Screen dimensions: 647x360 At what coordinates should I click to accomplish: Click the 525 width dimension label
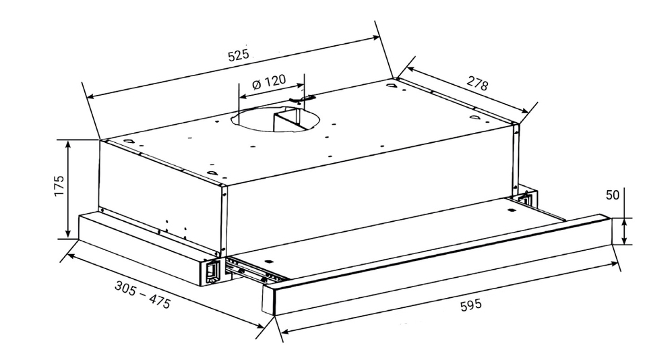[239, 55]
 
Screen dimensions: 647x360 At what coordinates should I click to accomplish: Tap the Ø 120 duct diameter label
[269, 82]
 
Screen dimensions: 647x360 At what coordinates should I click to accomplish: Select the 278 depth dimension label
[477, 84]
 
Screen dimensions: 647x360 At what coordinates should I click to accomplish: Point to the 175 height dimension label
[59, 186]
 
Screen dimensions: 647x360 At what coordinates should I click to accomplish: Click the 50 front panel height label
[613, 195]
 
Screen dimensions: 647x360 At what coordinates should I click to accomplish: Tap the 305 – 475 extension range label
[142, 295]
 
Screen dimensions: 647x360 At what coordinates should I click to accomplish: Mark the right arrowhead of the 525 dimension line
[375, 38]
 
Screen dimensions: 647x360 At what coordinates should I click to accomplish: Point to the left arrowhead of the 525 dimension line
[92, 97]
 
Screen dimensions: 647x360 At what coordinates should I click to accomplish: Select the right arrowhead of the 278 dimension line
[524, 111]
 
